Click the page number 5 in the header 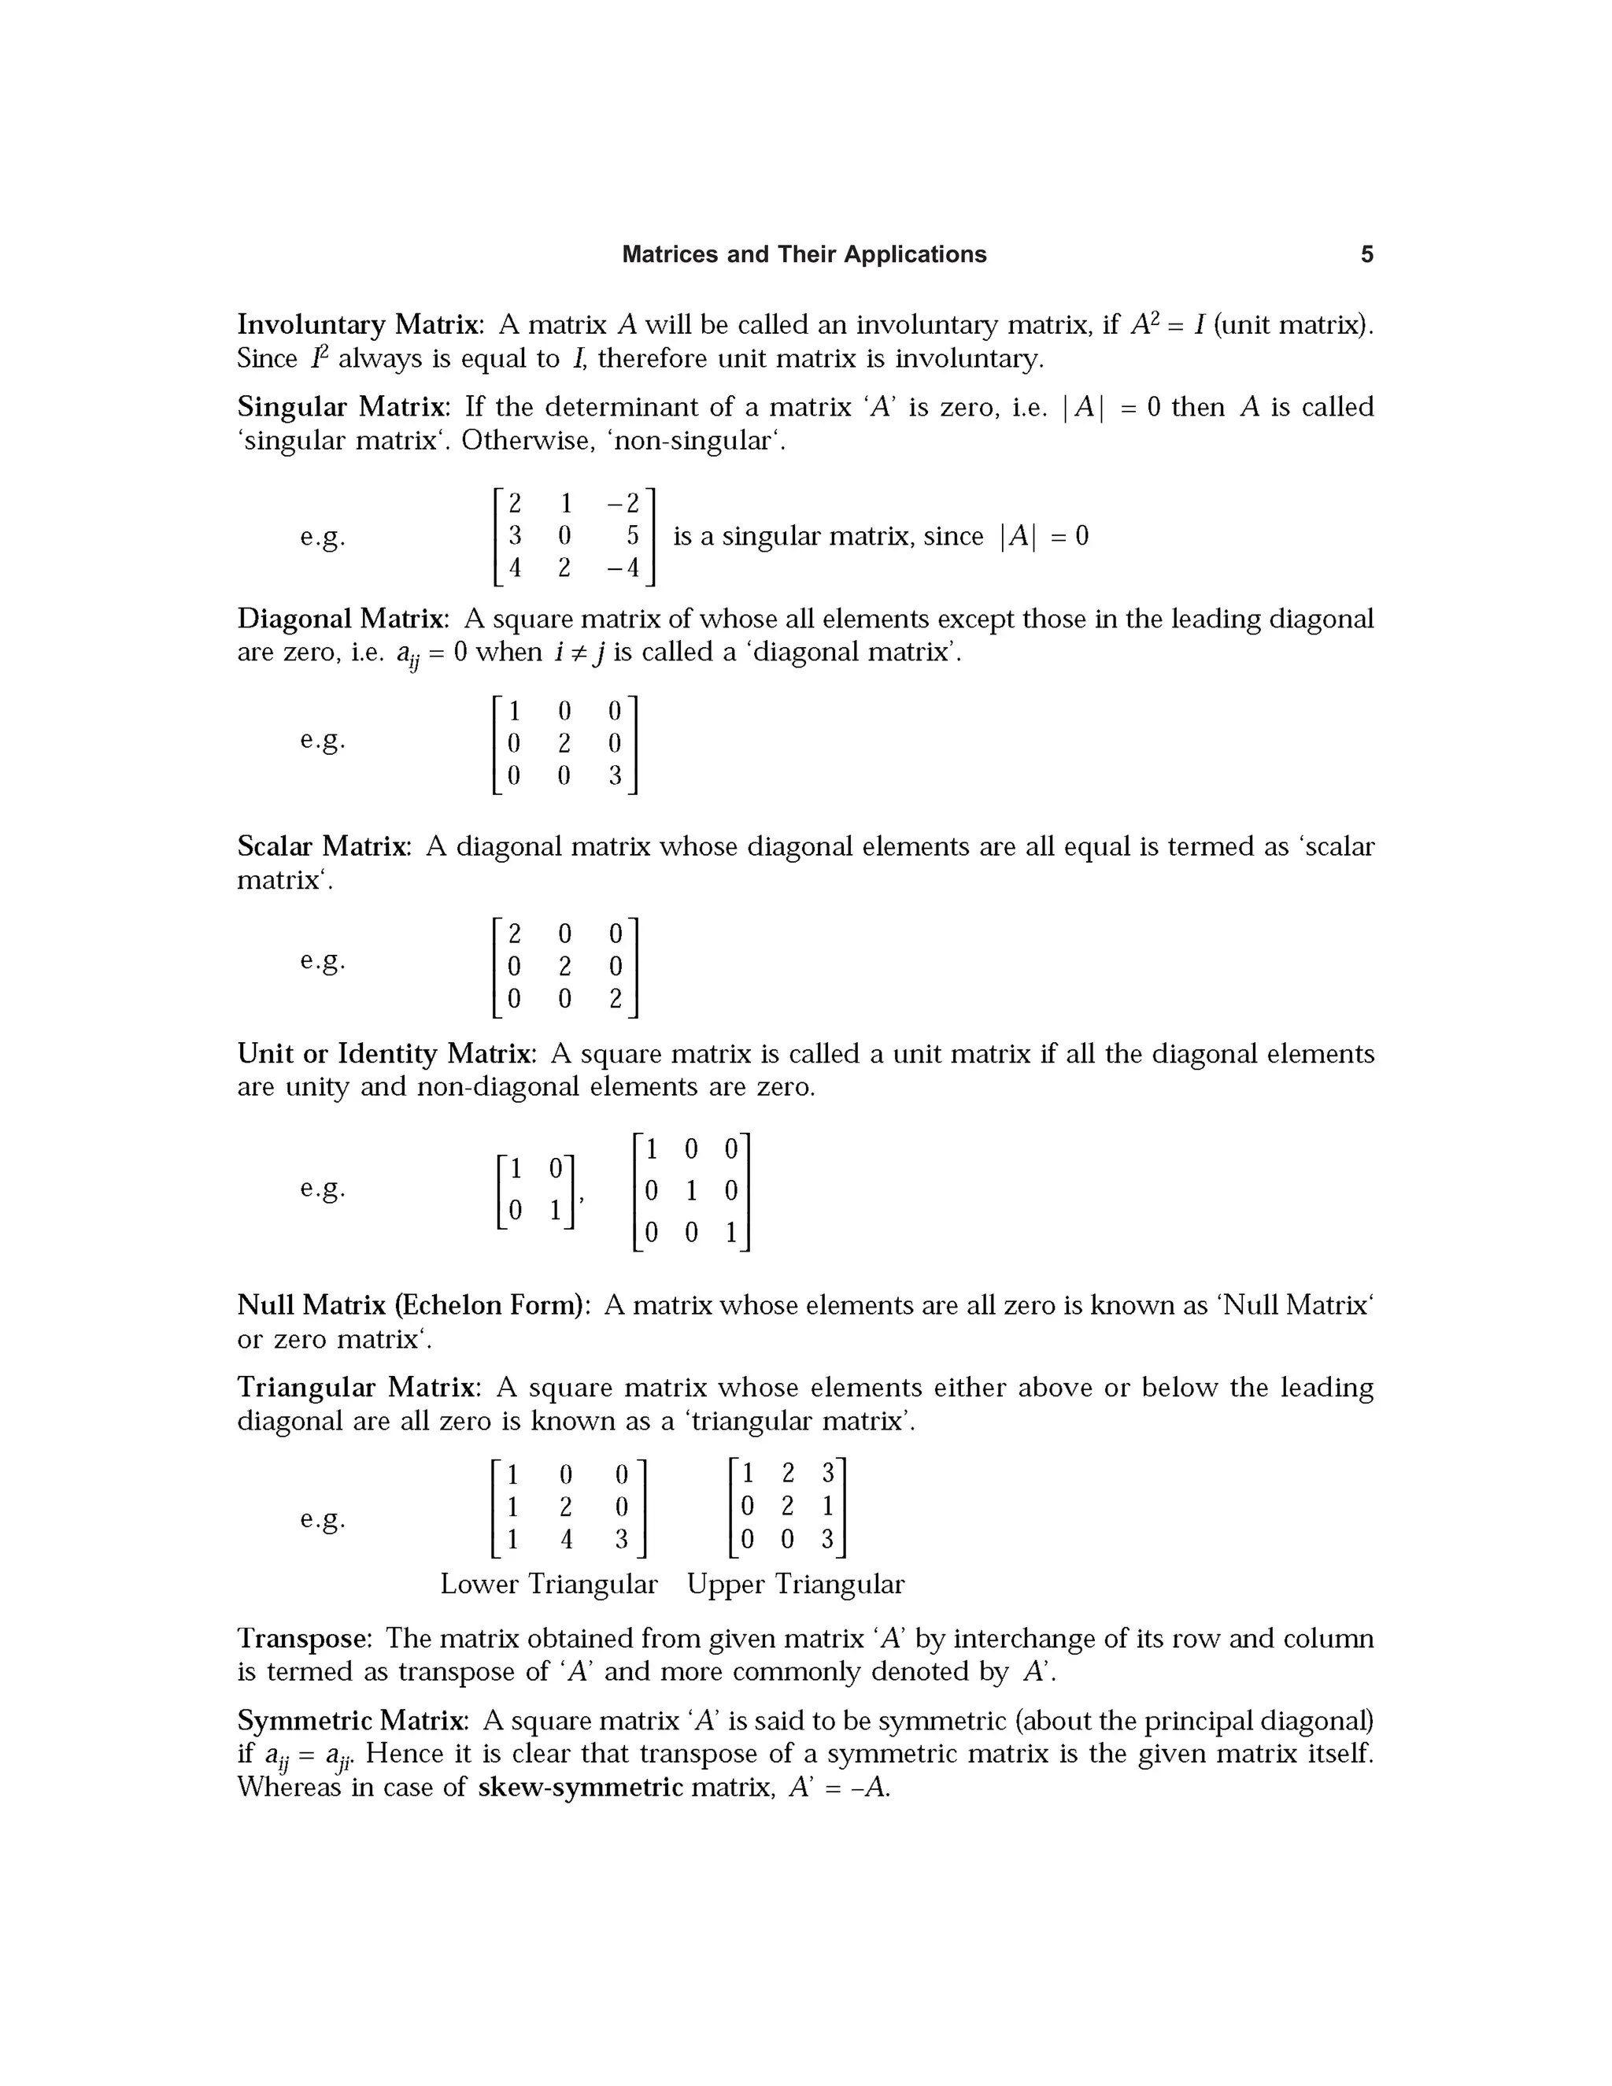(1366, 254)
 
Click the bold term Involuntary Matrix (358, 325)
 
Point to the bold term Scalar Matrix (323, 846)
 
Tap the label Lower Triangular (548, 1584)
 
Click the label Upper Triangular (794, 1584)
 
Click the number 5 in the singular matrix (632, 536)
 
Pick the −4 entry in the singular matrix (623, 568)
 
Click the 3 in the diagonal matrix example (615, 775)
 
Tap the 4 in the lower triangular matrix (565, 1540)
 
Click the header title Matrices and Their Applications (804, 254)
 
